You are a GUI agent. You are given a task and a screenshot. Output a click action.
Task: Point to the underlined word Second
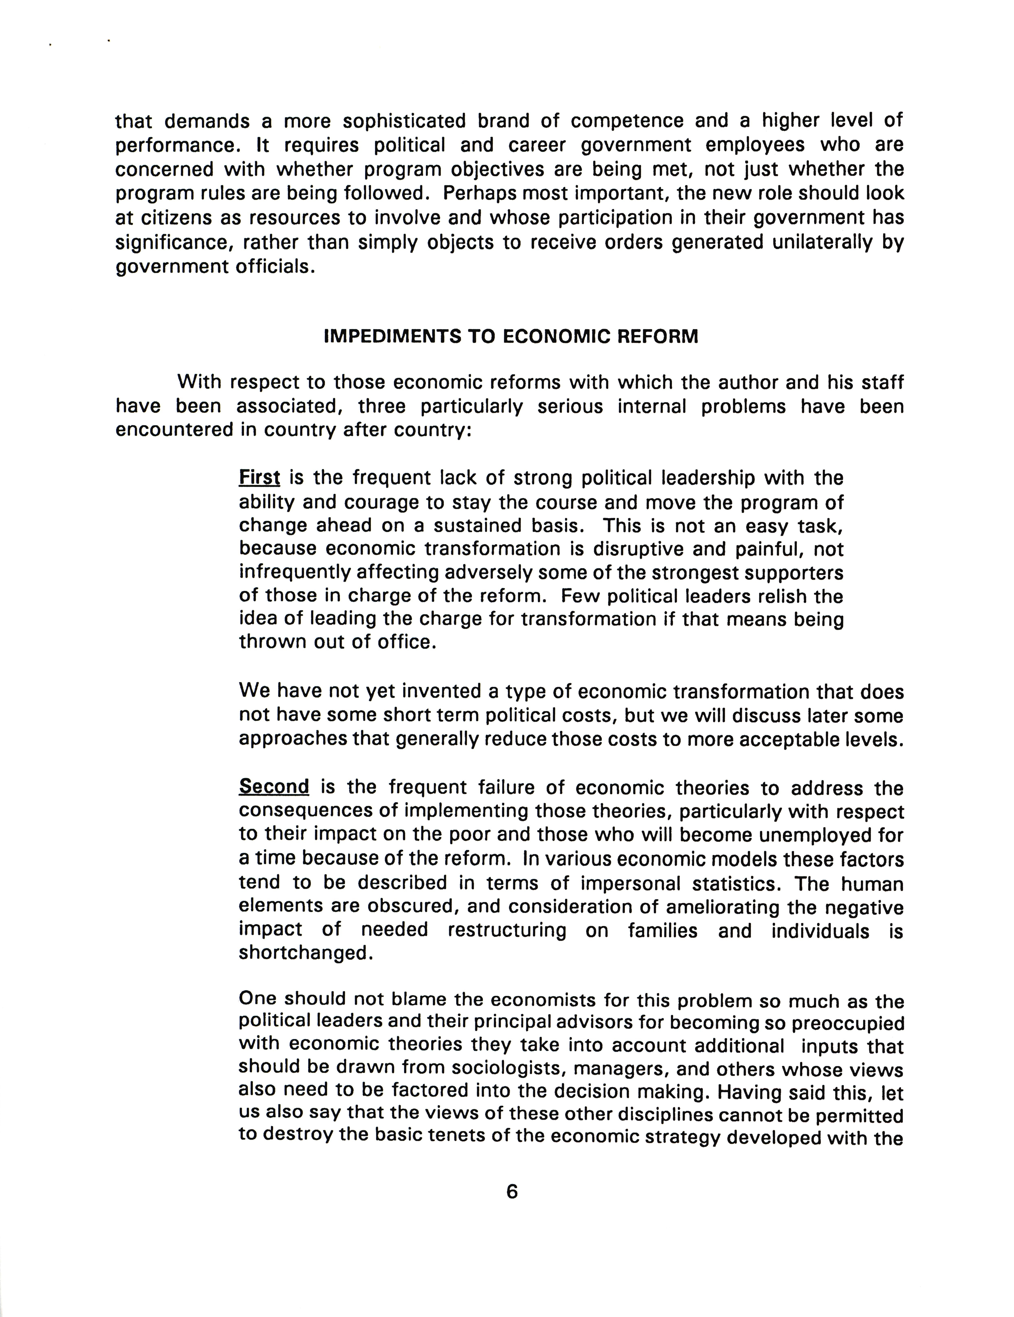tap(274, 786)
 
